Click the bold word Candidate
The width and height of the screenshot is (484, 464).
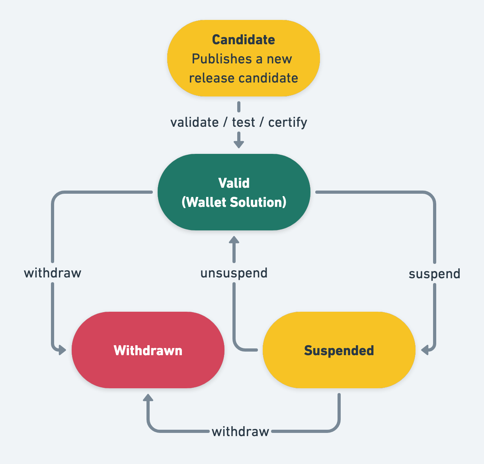point(243,40)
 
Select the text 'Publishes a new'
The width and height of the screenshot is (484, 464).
point(242,59)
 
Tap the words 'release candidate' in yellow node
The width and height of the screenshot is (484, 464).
point(243,78)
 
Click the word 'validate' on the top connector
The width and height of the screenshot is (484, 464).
point(194,122)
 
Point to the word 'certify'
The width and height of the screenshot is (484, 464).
point(287,122)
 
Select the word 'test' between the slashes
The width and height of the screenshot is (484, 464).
point(243,122)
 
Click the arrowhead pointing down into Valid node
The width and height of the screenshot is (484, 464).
point(239,144)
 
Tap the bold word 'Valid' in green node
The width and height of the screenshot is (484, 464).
point(234,183)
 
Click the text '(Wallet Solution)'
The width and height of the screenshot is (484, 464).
point(234,202)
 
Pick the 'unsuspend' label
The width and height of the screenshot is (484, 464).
point(234,273)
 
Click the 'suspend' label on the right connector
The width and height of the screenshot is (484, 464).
point(434,274)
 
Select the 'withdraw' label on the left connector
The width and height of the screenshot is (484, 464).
point(53,273)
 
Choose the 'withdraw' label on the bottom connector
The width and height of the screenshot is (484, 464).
point(240,431)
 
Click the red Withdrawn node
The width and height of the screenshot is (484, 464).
point(148,350)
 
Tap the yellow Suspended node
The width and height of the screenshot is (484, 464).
point(339,350)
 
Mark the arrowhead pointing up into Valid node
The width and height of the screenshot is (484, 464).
point(234,240)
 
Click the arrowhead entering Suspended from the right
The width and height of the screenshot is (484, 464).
point(425,350)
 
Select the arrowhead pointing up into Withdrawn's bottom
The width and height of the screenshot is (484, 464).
point(148,398)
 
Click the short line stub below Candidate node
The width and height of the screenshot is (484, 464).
point(239,106)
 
